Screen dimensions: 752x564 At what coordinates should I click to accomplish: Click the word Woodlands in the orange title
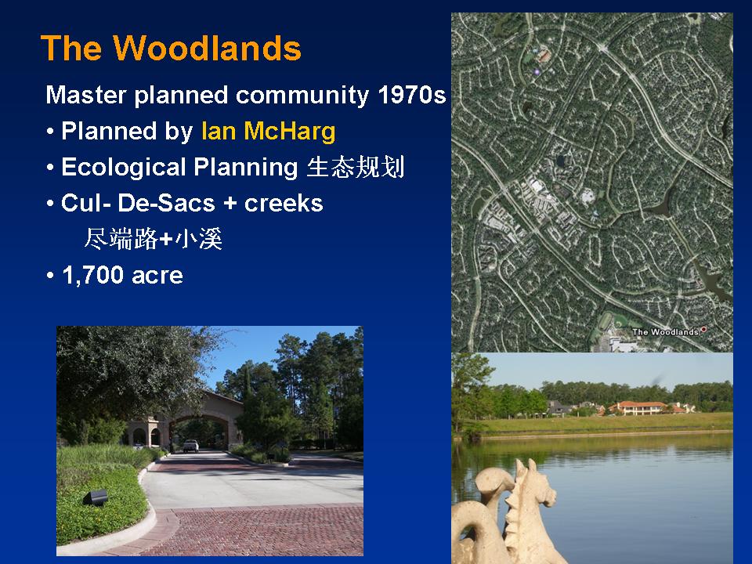pos(207,48)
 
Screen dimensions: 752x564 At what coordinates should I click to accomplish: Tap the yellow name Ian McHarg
pos(268,131)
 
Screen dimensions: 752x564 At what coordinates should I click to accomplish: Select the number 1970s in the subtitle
pos(411,95)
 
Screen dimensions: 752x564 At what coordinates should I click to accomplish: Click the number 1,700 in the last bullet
pos(93,275)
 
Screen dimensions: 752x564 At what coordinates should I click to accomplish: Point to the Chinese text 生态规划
pos(356,167)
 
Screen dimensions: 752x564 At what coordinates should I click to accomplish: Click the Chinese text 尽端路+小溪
pos(153,238)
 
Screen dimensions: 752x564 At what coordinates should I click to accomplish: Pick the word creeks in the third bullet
pos(284,203)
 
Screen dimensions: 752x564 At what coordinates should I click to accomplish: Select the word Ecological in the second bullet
pos(124,168)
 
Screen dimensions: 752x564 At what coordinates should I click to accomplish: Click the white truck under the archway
pos(190,446)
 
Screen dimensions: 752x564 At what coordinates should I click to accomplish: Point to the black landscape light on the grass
pos(95,498)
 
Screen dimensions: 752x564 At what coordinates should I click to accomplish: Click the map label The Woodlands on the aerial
pos(665,332)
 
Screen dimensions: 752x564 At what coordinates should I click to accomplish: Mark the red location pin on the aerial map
pos(703,330)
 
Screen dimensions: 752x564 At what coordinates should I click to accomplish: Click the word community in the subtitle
pos(302,95)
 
